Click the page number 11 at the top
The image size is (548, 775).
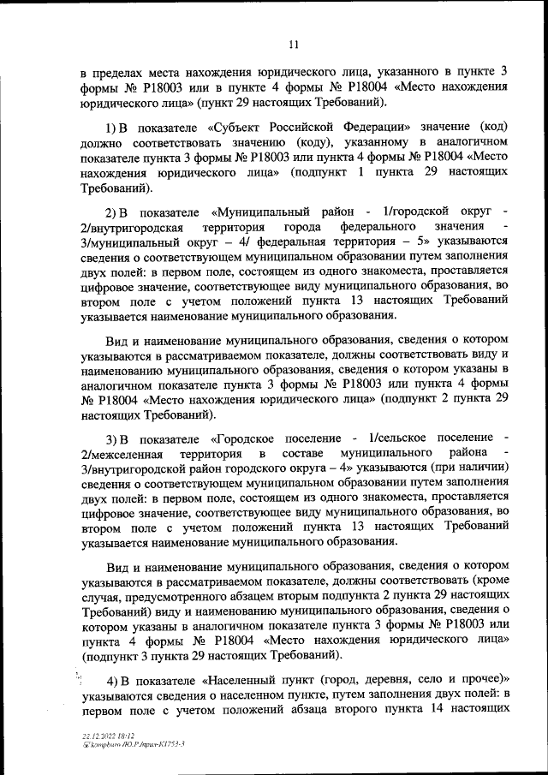pyautogui.click(x=293, y=45)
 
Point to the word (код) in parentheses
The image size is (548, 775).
pyautogui.click(x=490, y=125)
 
